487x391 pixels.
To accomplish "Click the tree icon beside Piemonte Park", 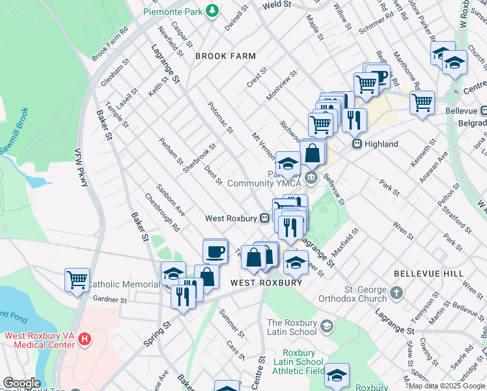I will point(212,10).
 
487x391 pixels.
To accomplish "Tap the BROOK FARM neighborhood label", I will point(225,57).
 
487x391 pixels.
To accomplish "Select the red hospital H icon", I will point(83,339).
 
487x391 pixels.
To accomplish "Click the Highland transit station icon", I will point(357,144).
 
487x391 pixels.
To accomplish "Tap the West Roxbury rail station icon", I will point(265,218).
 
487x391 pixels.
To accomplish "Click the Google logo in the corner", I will point(21,384).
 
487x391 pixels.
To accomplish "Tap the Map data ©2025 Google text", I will point(446,386).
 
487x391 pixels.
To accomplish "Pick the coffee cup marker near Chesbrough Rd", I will point(215,250).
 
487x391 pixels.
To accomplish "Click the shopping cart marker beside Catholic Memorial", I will point(77,280).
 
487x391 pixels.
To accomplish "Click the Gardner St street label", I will point(109,300).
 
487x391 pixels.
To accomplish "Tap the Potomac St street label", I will point(220,117).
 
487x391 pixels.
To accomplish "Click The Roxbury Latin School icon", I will point(327,325).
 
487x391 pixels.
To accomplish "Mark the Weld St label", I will point(276,5).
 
